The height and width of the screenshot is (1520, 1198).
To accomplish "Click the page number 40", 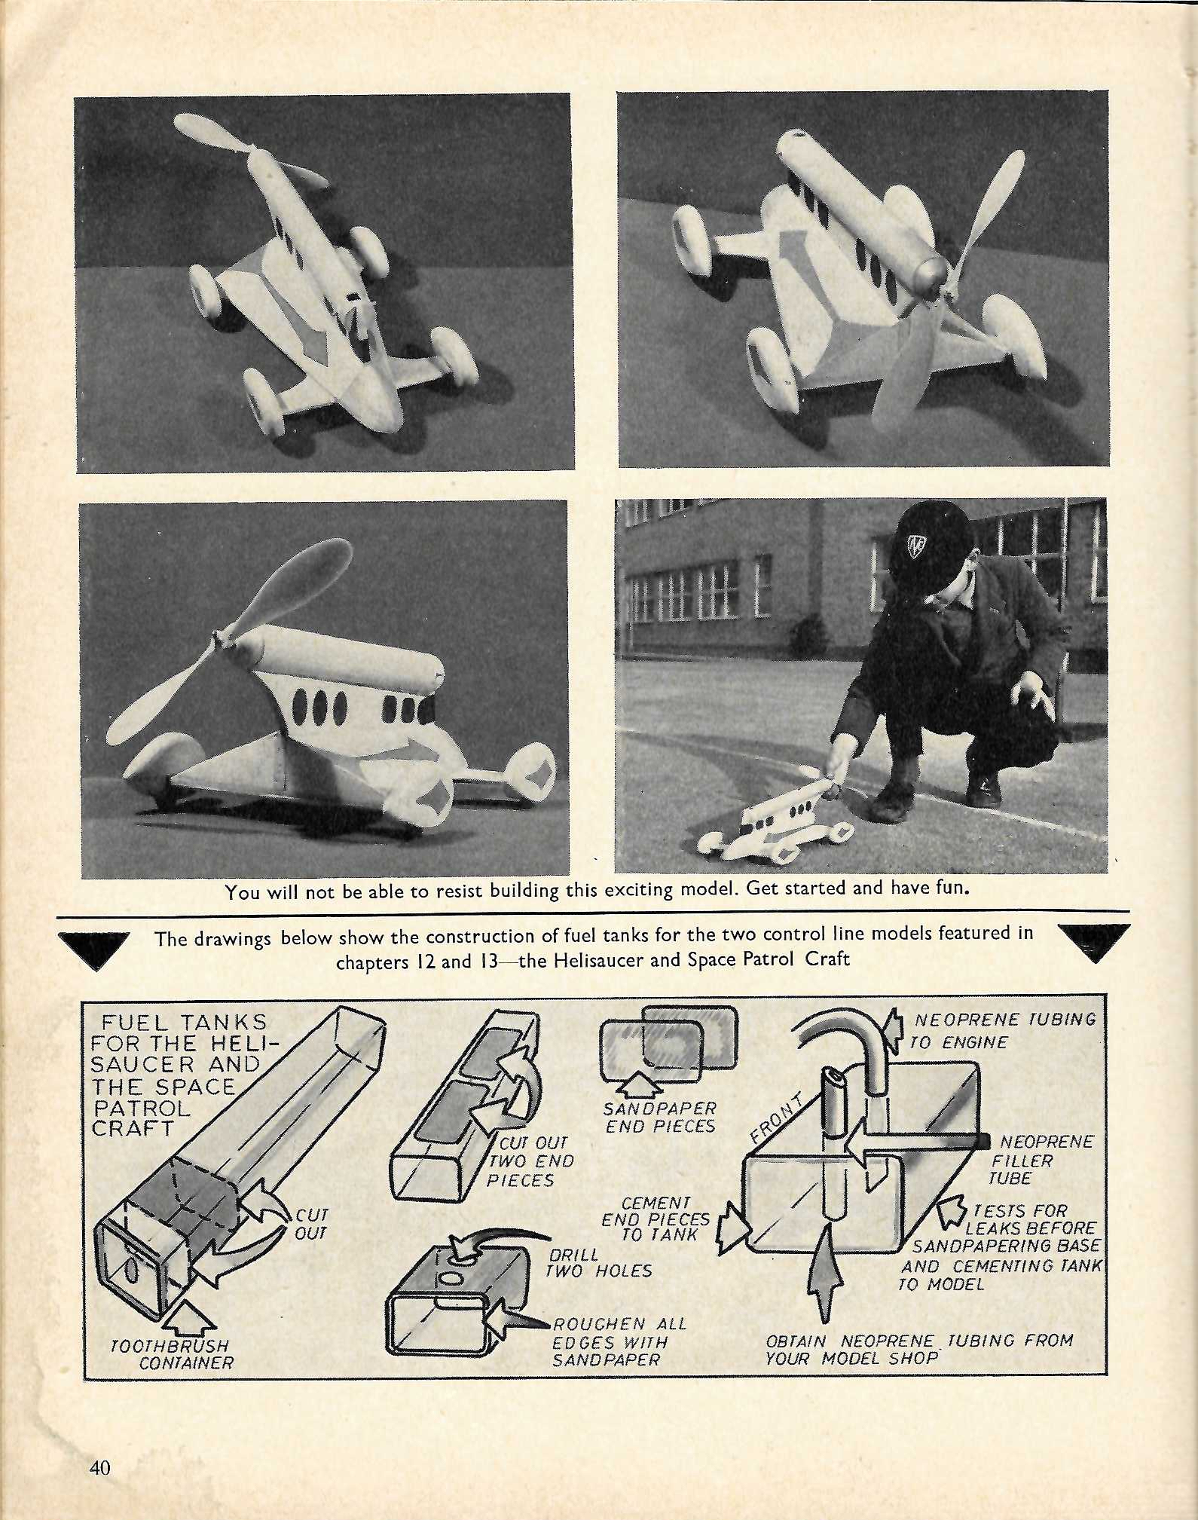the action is [99, 1467].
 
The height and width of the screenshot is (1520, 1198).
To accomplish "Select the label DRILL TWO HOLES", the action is [600, 1262].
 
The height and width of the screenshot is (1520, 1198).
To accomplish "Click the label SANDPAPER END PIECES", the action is [660, 1117].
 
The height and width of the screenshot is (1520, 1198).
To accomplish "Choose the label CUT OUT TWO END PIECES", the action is [530, 1161].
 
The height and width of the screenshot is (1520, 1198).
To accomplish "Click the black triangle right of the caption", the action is [1094, 942].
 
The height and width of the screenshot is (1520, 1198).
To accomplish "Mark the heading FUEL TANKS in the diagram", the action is [184, 1022].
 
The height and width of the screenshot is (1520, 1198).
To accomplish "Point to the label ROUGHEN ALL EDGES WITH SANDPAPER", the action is [619, 1341].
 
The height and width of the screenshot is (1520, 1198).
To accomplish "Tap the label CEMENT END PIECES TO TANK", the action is [656, 1219].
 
